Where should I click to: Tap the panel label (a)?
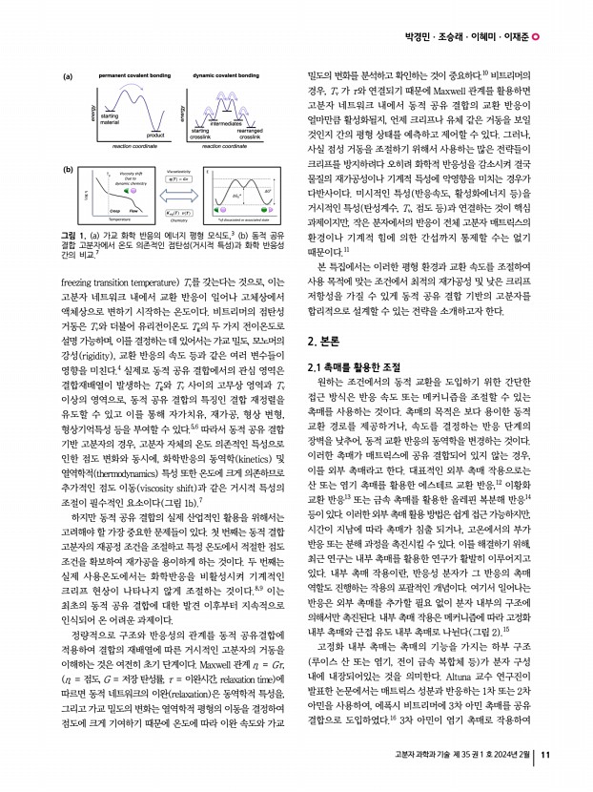click(x=68, y=75)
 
